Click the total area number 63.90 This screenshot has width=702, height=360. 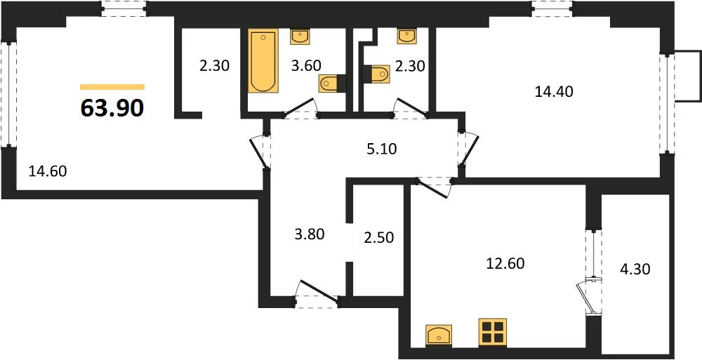(x=112, y=108)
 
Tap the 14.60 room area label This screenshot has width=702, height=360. (x=48, y=171)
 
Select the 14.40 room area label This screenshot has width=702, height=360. (x=554, y=92)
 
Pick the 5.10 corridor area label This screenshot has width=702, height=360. (x=382, y=149)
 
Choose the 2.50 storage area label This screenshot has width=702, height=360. (x=379, y=237)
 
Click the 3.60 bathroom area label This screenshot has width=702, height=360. (x=306, y=66)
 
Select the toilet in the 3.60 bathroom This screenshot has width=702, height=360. (x=333, y=84)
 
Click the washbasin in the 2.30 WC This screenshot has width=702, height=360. (x=407, y=36)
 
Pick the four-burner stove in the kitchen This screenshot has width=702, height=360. (x=493, y=332)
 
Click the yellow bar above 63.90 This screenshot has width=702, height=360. (x=112, y=87)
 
